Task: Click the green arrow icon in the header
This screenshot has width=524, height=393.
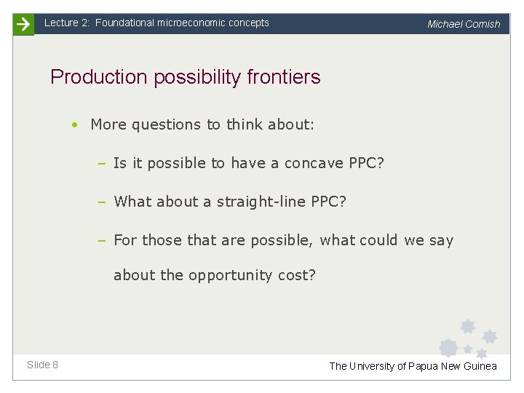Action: point(23,25)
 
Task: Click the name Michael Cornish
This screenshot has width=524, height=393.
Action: point(464,24)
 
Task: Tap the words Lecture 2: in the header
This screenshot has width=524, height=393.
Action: point(67,23)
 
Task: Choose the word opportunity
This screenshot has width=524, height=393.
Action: point(231,275)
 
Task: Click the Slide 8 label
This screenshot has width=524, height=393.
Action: point(43,365)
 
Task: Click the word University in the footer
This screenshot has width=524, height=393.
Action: point(373,366)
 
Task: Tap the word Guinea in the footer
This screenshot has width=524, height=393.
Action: point(480,366)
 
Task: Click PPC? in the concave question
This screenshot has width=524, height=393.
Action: point(366,163)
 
